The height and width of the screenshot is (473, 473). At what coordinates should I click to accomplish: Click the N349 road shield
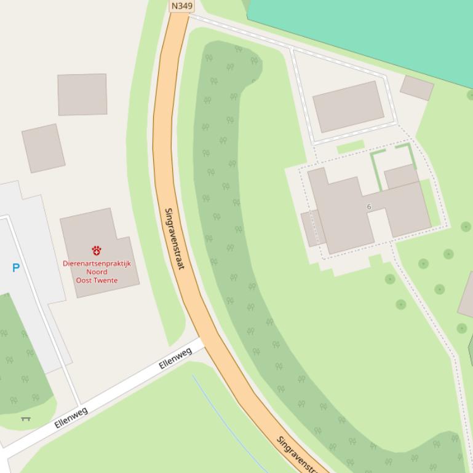(x=181, y=6)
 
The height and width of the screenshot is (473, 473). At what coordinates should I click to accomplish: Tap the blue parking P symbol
(x=16, y=268)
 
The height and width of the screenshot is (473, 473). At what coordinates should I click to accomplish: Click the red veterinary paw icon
(x=97, y=250)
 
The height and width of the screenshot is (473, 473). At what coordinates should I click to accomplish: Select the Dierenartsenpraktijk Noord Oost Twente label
(x=97, y=272)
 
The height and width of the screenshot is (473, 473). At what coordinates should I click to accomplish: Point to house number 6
(x=369, y=207)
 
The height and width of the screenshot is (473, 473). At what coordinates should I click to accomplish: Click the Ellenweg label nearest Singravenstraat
(x=175, y=358)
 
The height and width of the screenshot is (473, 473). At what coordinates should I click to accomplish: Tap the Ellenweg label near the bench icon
(x=71, y=418)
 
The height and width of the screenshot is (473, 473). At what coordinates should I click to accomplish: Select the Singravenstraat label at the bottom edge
(x=299, y=455)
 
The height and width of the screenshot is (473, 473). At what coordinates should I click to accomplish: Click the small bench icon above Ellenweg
(x=25, y=419)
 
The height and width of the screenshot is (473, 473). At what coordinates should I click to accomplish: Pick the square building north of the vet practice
(x=82, y=95)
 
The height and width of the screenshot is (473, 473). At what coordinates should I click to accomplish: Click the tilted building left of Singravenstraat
(x=43, y=148)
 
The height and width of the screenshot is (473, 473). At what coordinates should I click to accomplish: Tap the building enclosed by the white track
(x=348, y=106)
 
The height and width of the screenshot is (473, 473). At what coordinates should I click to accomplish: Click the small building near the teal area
(x=417, y=88)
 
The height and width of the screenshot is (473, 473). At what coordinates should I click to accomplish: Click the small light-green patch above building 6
(x=351, y=147)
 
